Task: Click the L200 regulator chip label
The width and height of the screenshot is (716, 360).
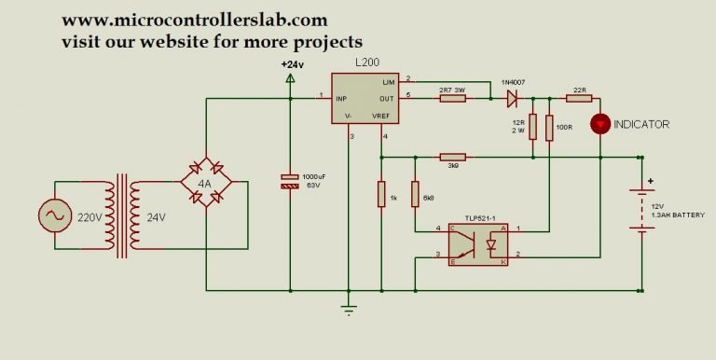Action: pyautogui.click(x=366, y=62)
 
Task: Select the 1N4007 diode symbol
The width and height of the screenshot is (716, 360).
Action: pyautogui.click(x=511, y=95)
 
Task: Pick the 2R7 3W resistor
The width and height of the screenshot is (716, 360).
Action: pyautogui.click(x=452, y=95)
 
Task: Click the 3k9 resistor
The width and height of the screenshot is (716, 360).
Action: pyautogui.click(x=452, y=157)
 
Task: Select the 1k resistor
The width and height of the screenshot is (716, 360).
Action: pyautogui.click(x=380, y=194)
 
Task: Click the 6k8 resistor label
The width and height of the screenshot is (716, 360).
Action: pyautogui.click(x=428, y=199)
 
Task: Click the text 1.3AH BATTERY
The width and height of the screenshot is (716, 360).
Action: pyautogui.click(x=679, y=215)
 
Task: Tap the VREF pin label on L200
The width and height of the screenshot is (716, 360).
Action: pyautogui.click(x=382, y=115)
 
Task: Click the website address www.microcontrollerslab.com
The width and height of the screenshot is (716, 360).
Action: pyautogui.click(x=195, y=20)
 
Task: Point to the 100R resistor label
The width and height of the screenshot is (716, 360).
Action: pyautogui.click(x=565, y=127)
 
